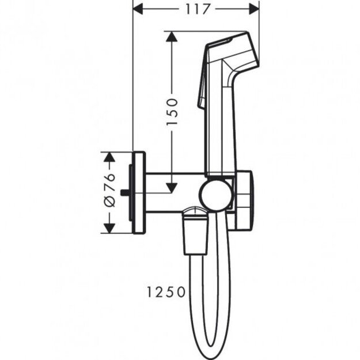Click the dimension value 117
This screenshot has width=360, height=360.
[x=195, y=9]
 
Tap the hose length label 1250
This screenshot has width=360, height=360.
[x=166, y=292]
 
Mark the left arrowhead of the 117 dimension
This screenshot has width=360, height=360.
[x=139, y=9]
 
